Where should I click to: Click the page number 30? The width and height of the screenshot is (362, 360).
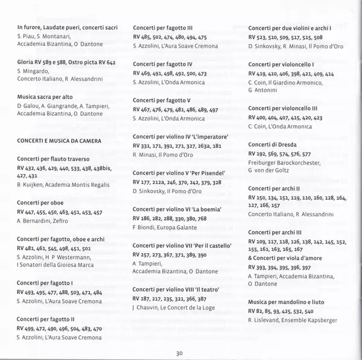point(180,353)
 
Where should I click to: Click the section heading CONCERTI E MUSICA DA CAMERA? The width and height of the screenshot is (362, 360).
point(59,141)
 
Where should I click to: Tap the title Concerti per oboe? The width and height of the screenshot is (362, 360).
point(40,203)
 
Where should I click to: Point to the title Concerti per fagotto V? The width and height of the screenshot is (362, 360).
point(162,99)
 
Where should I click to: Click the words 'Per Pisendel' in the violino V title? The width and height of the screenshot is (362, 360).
point(201,173)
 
